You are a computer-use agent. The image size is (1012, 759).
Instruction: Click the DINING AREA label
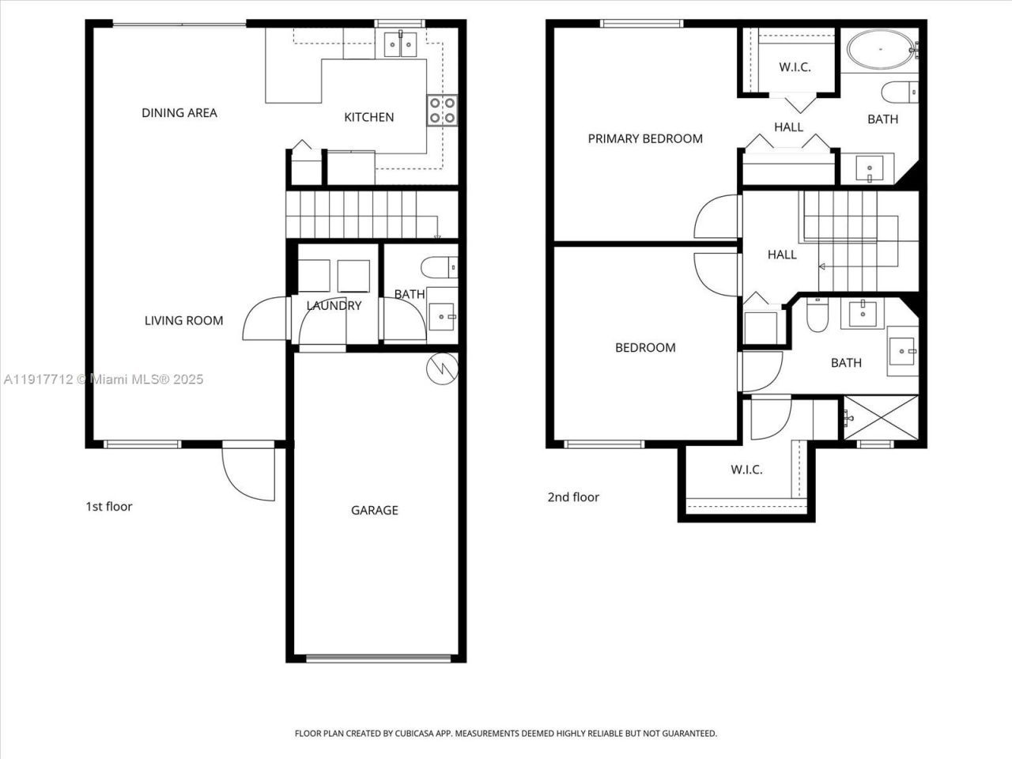coord(179,113)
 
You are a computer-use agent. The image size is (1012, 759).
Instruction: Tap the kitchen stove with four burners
coord(442,110)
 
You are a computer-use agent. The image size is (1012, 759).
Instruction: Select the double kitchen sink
coord(401,45)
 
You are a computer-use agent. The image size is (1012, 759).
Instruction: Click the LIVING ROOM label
coord(183,320)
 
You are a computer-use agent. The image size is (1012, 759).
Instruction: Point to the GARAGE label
coord(374,511)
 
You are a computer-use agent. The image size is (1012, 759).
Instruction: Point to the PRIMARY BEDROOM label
coord(645,139)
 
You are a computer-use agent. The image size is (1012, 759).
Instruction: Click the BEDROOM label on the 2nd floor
coord(645,348)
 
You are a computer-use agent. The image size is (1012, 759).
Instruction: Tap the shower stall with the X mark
coord(880,417)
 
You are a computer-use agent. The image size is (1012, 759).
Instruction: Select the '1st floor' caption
coord(108,506)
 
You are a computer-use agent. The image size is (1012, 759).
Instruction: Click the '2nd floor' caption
coord(573,497)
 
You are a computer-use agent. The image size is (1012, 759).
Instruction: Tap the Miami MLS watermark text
coord(103,379)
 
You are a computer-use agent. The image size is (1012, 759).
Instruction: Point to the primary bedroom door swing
coord(716,217)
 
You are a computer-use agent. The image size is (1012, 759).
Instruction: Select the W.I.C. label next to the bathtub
coord(795,67)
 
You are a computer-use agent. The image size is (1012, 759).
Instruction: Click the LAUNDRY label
coord(334,306)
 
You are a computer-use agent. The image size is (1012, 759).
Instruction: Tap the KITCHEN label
coord(368,118)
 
